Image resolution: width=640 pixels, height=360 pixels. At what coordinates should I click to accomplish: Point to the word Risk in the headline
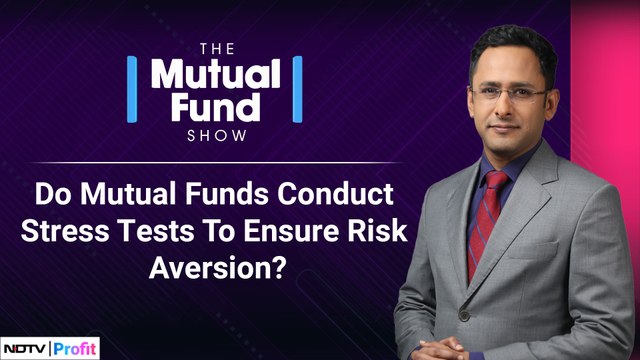click(x=379, y=228)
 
